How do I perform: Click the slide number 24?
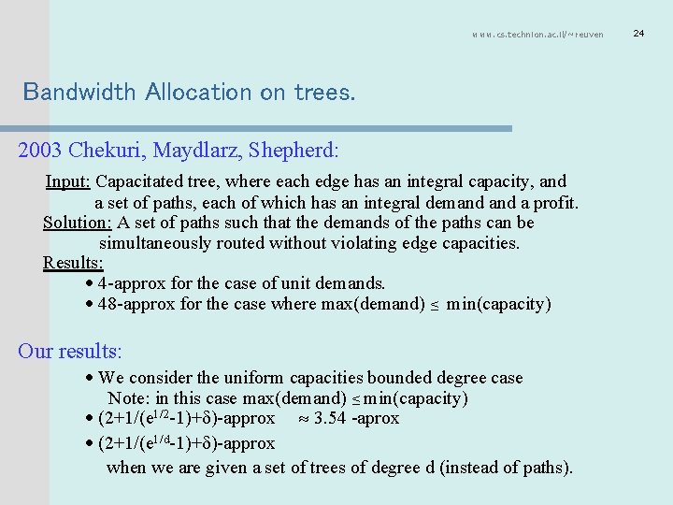click(x=639, y=34)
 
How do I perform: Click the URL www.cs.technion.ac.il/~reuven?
click(x=537, y=35)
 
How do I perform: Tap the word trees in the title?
click(x=323, y=92)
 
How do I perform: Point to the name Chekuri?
click(x=105, y=149)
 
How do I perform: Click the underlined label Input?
click(x=69, y=181)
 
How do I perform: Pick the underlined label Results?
click(x=73, y=263)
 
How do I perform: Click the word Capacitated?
click(x=142, y=181)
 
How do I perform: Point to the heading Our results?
click(x=70, y=352)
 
